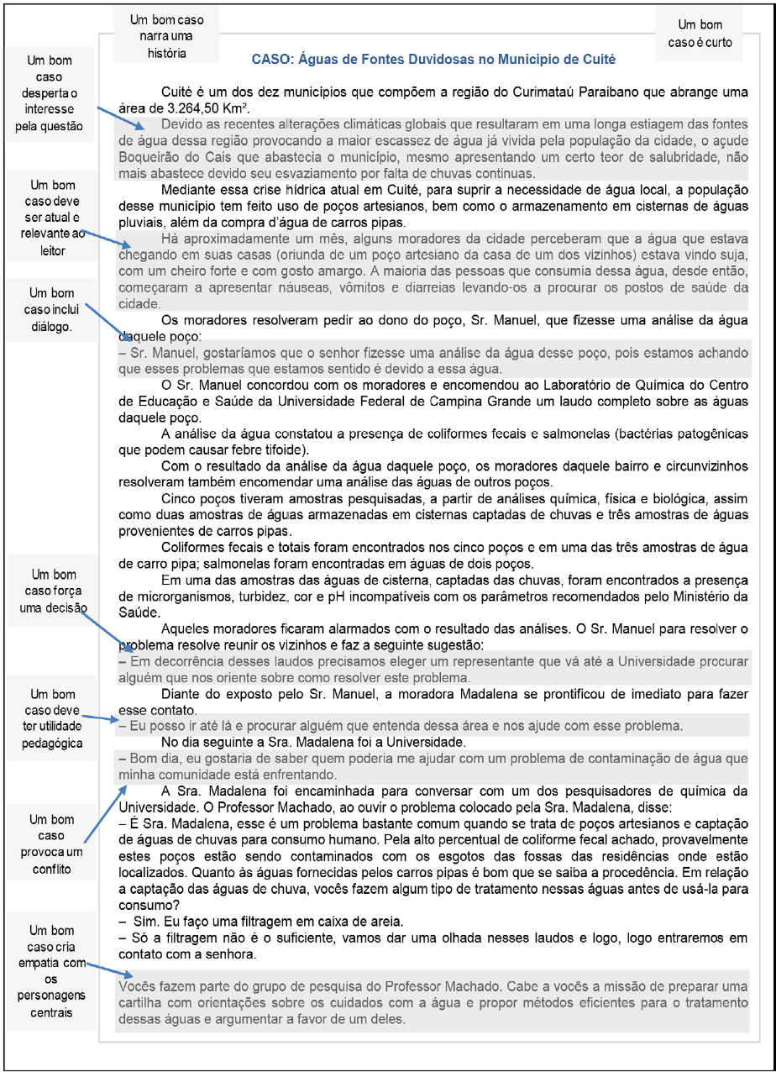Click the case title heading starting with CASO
[434, 60]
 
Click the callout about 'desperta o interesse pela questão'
[50, 93]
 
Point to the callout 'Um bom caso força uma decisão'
[50, 595]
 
